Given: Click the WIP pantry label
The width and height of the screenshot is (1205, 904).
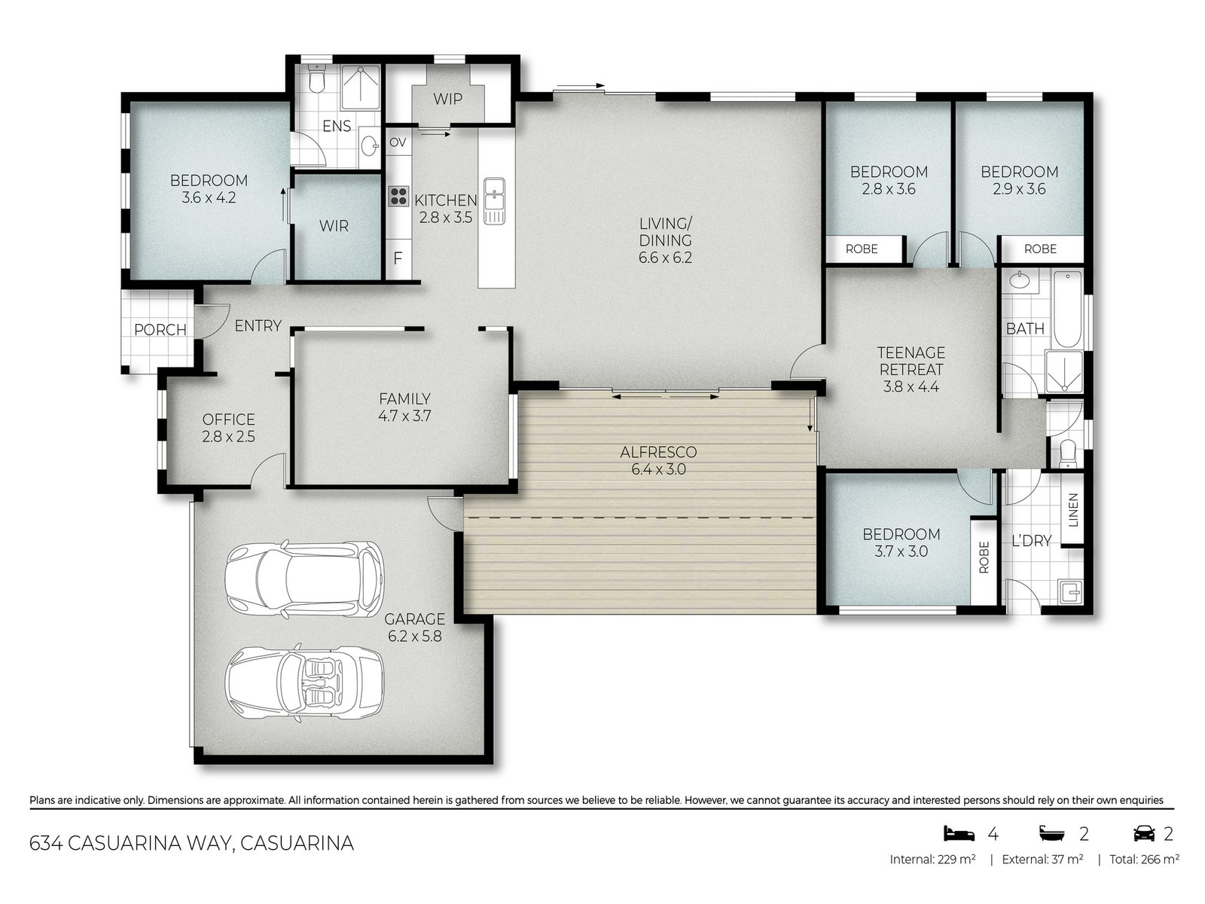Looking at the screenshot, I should (x=447, y=99).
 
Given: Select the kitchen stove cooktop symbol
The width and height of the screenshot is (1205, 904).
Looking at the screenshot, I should (x=398, y=197).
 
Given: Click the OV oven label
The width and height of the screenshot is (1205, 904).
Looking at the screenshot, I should (x=398, y=142).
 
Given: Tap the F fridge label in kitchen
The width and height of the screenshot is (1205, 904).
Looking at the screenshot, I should (x=398, y=258).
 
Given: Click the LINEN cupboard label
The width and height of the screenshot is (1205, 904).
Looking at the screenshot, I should (x=1073, y=510).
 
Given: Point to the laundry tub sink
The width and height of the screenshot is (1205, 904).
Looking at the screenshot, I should (x=1069, y=592).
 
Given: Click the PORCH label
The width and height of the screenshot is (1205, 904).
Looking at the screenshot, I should (x=160, y=330).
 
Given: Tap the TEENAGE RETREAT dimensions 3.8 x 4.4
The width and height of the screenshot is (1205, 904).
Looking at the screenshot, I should (x=911, y=387).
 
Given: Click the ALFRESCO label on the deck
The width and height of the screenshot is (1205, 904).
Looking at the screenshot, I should (x=658, y=452).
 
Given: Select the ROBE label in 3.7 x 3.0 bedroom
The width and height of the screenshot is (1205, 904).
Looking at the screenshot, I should (x=984, y=558).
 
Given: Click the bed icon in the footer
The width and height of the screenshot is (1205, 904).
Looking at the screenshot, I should (x=959, y=833).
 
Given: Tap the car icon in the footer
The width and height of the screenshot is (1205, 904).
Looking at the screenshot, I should (x=1144, y=833).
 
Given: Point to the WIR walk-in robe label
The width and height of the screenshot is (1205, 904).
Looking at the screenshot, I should (x=334, y=226).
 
